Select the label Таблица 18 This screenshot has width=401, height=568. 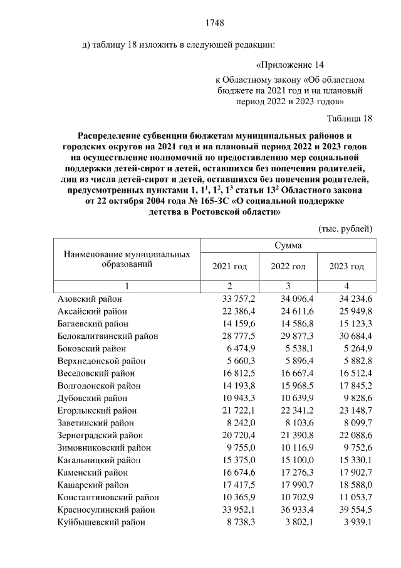click(350, 118)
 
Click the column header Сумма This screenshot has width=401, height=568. click(288, 245)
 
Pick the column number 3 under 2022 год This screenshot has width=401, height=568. click(288, 286)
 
